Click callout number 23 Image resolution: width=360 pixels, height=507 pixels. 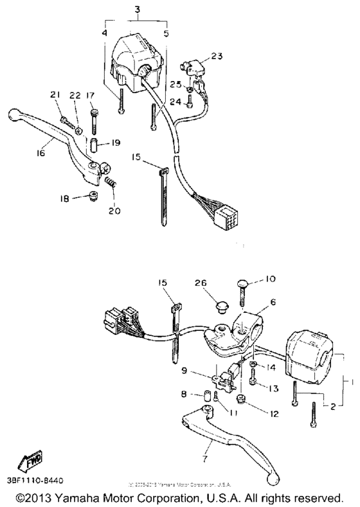pos(217,56)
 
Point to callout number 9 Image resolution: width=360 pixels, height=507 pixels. pos(183,371)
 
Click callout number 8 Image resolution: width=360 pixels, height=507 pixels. pos(184,394)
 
